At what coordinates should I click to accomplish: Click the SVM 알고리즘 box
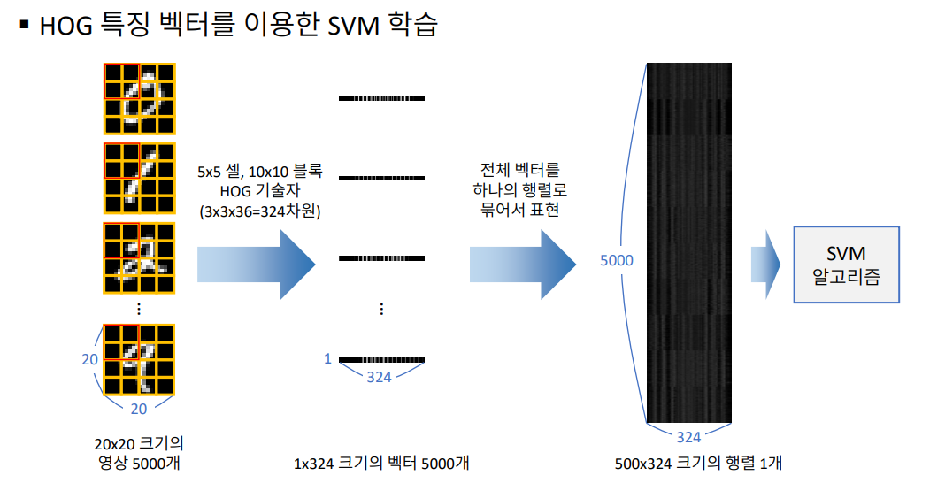[846, 265]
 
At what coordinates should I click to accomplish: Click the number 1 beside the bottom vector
[327, 359]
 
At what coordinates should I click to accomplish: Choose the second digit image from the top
[139, 177]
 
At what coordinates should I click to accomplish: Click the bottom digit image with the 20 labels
[139, 359]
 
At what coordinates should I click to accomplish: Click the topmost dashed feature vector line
[381, 97]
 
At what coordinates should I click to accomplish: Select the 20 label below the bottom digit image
[139, 409]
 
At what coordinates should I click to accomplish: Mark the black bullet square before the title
[24, 26]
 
